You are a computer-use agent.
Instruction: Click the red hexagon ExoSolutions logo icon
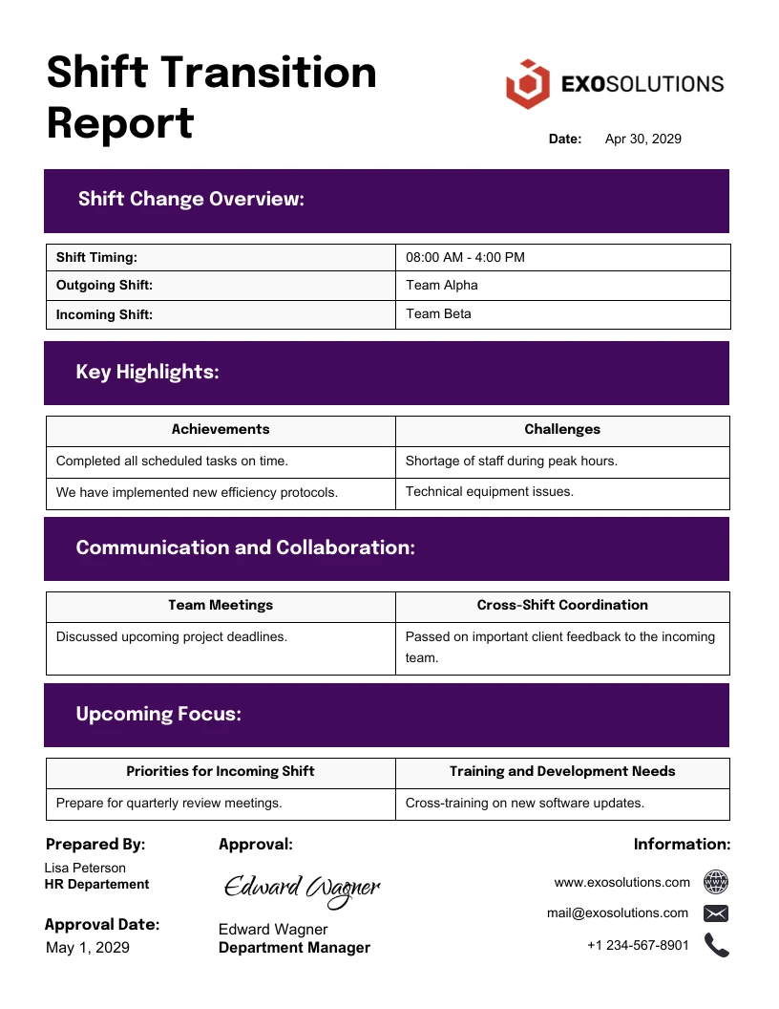pyautogui.click(x=528, y=84)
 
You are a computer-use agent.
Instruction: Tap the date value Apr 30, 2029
pyautogui.click(x=642, y=140)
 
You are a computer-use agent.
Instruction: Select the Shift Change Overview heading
pyautogui.click(x=191, y=200)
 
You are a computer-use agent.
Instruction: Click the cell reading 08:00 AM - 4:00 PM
pyautogui.click(x=465, y=258)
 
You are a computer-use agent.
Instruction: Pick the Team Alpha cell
pyautogui.click(x=442, y=286)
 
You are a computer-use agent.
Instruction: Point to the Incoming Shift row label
pyautogui.click(x=104, y=314)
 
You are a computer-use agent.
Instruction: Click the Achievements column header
pyautogui.click(x=221, y=430)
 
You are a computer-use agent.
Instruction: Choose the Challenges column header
pyautogui.click(x=562, y=430)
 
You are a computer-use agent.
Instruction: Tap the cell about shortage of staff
pyautogui.click(x=511, y=462)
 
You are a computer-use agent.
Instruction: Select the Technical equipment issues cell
pyautogui.click(x=489, y=492)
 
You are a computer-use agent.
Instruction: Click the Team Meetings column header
pyautogui.click(x=221, y=606)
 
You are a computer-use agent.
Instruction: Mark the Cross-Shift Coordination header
pyautogui.click(x=562, y=606)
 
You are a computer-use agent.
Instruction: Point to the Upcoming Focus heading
pyautogui.click(x=158, y=715)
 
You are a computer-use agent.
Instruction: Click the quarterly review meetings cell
pyautogui.click(x=169, y=804)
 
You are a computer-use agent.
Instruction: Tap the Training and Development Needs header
pyautogui.click(x=562, y=772)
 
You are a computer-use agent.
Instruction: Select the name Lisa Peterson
pyautogui.click(x=85, y=869)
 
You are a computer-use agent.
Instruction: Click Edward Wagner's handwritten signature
pyautogui.click(x=302, y=889)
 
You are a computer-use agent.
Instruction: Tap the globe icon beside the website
pyautogui.click(x=716, y=882)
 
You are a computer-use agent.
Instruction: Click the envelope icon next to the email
pyautogui.click(x=716, y=913)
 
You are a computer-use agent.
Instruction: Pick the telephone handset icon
pyautogui.click(x=716, y=946)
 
